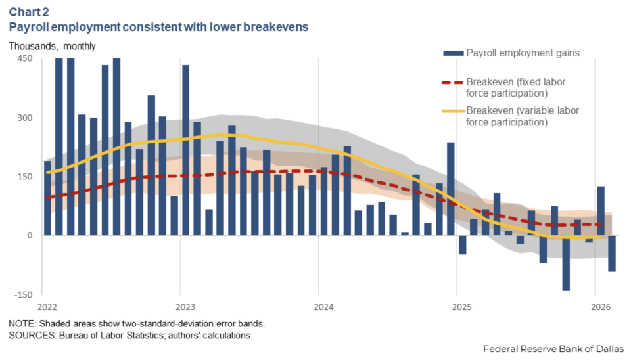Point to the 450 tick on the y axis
click(x=24, y=58)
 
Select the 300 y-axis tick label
click(x=24, y=118)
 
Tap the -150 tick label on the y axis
click(x=22, y=294)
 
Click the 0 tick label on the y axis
click(x=29, y=235)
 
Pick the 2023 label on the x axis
click(x=186, y=307)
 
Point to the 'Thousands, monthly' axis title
click(x=52, y=46)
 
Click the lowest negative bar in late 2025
click(x=565, y=263)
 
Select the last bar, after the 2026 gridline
click(x=611, y=253)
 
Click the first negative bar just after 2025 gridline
click(x=462, y=244)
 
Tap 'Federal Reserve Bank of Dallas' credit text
click(x=553, y=348)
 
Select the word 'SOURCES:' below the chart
click(x=30, y=336)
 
